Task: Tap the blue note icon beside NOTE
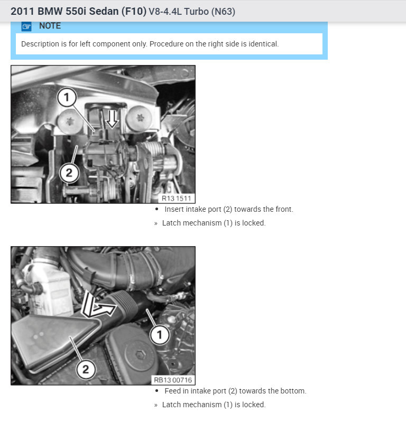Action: tap(26, 26)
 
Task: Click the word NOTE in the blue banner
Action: tap(50, 26)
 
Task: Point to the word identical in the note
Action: tap(263, 44)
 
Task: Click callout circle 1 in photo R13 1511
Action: tap(67, 97)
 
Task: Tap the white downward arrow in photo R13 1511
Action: tap(111, 120)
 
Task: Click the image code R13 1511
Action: tap(177, 199)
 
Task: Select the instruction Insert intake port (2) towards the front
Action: tap(228, 209)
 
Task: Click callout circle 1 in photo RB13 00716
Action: tap(159, 334)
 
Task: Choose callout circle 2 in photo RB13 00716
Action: tap(86, 369)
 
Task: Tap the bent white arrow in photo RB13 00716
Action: tap(99, 308)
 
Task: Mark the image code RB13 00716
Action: tap(173, 380)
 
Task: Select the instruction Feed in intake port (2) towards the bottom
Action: tap(235, 391)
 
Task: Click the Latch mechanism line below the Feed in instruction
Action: tap(214, 405)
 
